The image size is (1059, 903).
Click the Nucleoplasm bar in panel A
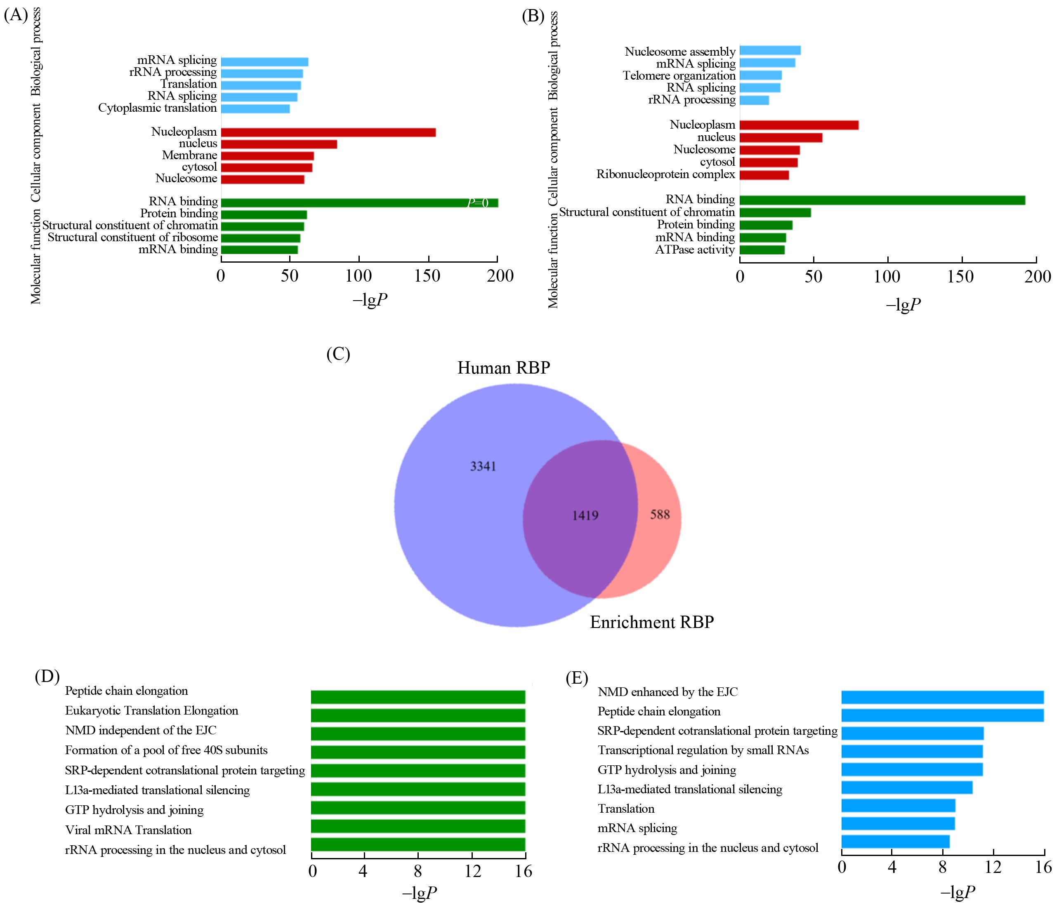328,132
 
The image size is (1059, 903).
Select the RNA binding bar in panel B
882,200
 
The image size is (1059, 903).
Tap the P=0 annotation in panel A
478,203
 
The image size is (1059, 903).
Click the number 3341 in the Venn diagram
483,466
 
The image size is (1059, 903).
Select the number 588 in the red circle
659,514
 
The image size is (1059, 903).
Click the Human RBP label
503,368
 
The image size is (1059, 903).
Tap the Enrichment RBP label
652,622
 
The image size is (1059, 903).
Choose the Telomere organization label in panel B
679,75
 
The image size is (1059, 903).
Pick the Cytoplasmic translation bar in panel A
255,109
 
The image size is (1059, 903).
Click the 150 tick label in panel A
427,276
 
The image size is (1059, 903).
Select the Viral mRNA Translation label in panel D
128,830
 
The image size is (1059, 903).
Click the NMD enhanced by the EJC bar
942,698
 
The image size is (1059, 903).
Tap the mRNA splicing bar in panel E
898,824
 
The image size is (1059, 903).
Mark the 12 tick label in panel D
473,871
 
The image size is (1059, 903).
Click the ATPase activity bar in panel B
762,250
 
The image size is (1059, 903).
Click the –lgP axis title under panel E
957,892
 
